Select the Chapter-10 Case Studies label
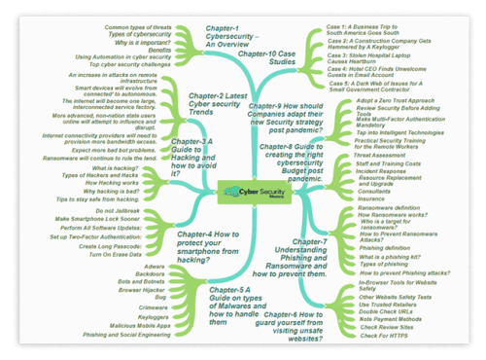click(268, 59)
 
